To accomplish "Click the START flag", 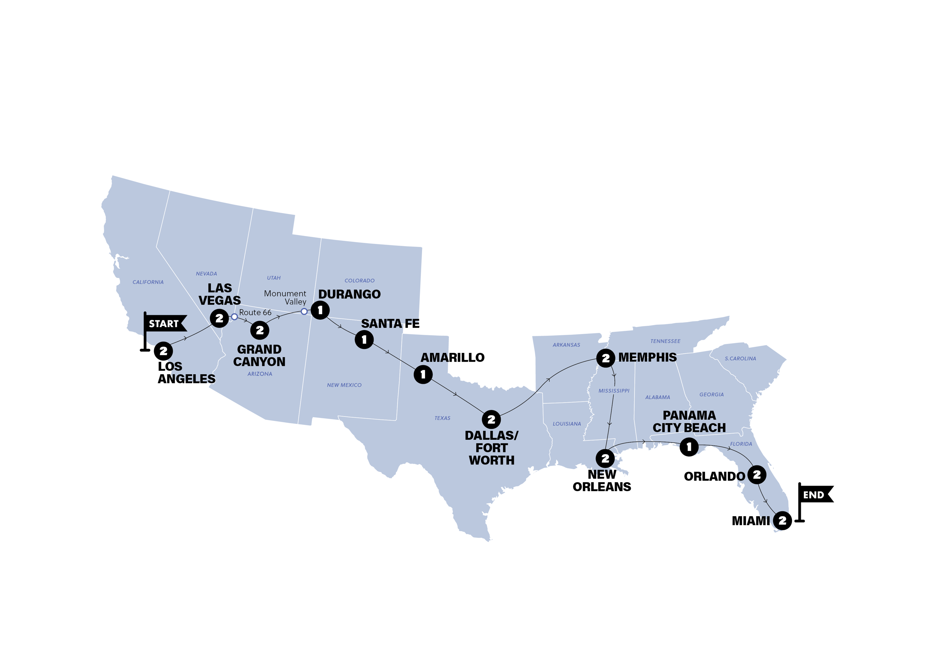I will pos(164,324).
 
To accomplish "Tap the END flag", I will pos(814,495).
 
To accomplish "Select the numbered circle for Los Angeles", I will pos(163,351).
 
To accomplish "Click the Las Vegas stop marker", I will pos(219,319).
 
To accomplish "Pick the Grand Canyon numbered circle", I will pos(260,330).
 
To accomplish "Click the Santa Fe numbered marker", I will pos(364,340).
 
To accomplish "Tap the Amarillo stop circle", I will pos(423,374).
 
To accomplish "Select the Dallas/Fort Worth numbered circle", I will pos(491,420).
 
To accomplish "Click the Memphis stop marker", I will pos(605,358).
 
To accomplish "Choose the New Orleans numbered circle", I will pos(605,458).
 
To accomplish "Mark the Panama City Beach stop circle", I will pos(689,447).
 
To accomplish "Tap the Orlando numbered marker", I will pos(757,475).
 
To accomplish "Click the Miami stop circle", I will pos(782,520).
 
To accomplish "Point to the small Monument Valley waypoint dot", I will pos(304,312).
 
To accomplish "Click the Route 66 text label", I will pos(255,312).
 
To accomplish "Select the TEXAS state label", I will pos(442,418).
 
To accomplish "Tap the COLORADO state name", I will pos(359,281).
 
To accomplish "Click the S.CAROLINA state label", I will pos(740,358).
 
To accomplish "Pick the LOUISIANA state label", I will pos(567,424).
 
